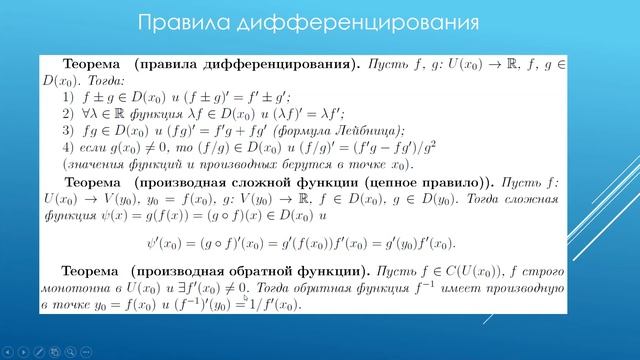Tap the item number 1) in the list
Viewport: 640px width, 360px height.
coord(68,98)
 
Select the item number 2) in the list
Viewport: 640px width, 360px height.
coord(68,115)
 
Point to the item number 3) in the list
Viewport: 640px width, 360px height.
coord(68,131)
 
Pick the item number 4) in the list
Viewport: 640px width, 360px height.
coord(68,148)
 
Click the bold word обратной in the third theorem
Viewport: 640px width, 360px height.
coord(263,271)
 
